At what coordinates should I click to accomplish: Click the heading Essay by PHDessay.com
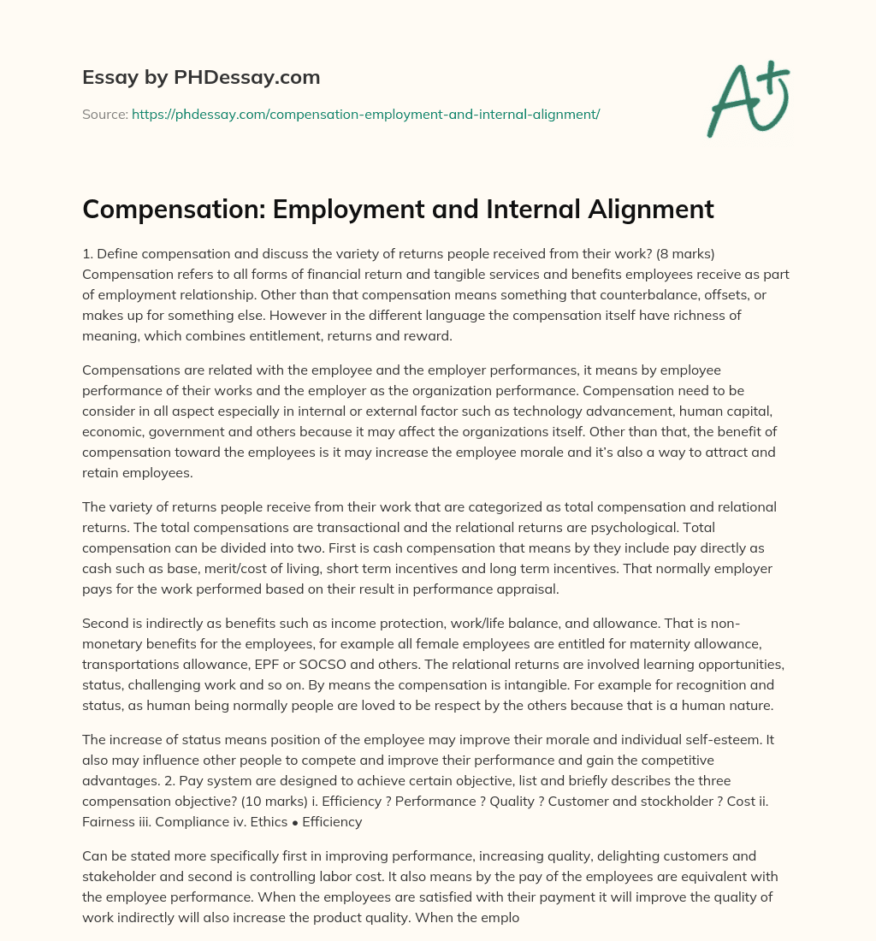pyautogui.click(x=201, y=78)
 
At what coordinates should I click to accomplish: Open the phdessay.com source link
pyautogui.click(x=365, y=114)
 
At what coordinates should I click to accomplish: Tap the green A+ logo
pyautogui.click(x=747, y=98)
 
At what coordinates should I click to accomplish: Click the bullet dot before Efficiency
pyautogui.click(x=285, y=821)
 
